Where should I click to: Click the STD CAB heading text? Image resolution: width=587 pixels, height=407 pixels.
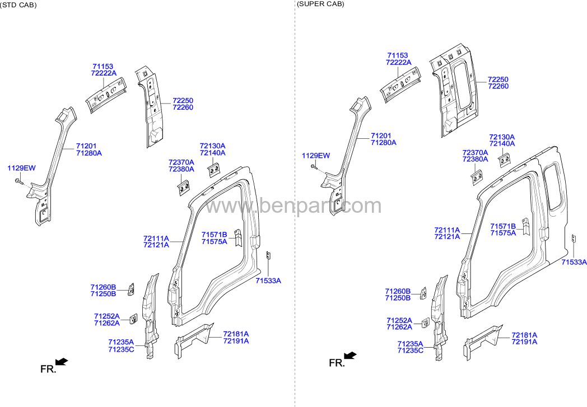coord(18,5)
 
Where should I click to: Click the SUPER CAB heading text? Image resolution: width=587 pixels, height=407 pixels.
coord(320,4)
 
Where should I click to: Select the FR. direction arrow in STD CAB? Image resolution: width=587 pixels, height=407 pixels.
coord(62,361)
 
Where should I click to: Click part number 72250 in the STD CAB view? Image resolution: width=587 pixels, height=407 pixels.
coord(183,101)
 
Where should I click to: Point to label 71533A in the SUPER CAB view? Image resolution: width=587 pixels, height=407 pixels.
coord(574,262)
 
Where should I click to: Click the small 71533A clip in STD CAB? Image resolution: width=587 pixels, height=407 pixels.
coord(268,255)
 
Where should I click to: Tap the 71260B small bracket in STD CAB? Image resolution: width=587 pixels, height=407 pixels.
coord(132,289)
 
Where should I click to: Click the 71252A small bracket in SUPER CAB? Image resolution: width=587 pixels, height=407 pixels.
coord(426,323)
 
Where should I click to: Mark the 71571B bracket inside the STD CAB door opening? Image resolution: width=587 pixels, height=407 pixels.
coord(237,237)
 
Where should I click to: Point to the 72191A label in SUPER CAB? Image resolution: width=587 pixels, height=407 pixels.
coord(524,341)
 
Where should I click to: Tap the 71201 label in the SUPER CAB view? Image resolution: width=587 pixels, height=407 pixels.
coord(381,136)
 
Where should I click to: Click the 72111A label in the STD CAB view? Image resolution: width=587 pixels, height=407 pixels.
coord(156,238)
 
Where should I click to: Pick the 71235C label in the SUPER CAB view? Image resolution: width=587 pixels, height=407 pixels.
coord(411,350)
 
